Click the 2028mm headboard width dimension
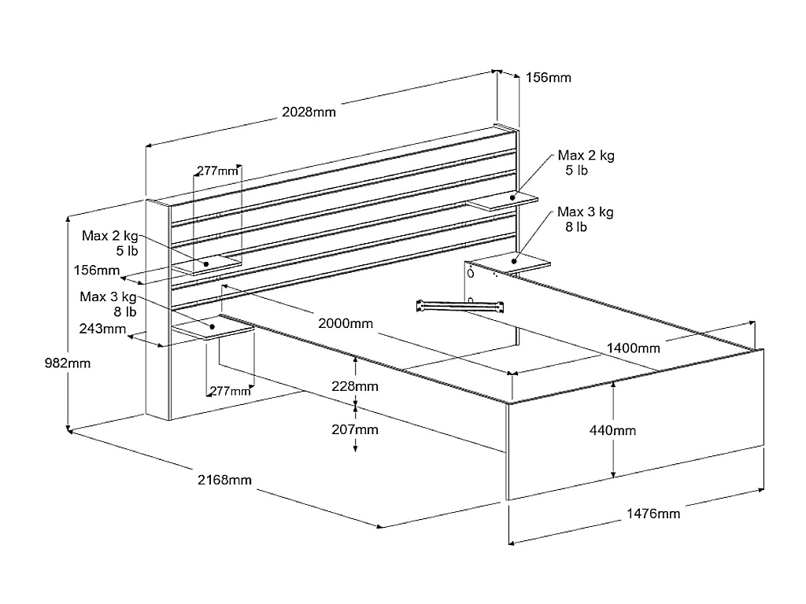click(x=309, y=112)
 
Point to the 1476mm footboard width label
click(x=653, y=514)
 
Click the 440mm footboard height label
click(x=612, y=430)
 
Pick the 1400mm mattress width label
click(x=633, y=348)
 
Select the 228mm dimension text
click(x=355, y=386)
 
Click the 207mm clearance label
click(x=355, y=429)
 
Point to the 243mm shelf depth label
click(x=102, y=329)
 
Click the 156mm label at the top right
click(x=548, y=77)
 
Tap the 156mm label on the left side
click(x=97, y=271)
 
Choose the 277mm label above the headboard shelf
click(x=217, y=171)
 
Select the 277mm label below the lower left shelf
click(x=229, y=391)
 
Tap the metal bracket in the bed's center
click(x=460, y=305)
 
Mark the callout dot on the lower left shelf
click(x=212, y=325)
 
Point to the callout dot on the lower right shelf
click(x=516, y=260)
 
